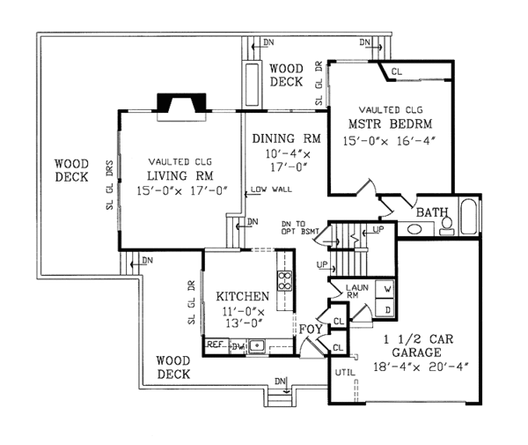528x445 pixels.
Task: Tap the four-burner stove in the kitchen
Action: [285, 280]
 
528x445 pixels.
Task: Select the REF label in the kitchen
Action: [215, 346]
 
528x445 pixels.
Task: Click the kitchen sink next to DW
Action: [254, 346]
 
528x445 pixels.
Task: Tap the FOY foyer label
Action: [310, 330]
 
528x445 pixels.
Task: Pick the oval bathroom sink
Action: [414, 229]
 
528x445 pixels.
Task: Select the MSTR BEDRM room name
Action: [392, 122]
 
